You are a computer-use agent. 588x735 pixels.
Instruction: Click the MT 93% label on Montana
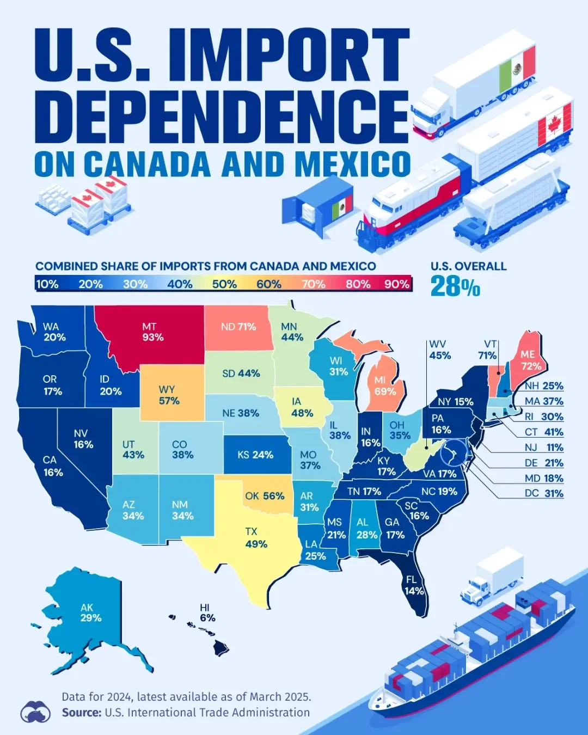click(152, 332)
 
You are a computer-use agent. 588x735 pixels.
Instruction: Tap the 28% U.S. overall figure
click(455, 286)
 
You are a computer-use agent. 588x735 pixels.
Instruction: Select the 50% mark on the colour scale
click(224, 284)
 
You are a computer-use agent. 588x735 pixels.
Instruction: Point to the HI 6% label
click(207, 612)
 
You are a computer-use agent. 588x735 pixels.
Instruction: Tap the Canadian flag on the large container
click(554, 126)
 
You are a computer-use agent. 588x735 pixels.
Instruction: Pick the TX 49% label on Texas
click(255, 537)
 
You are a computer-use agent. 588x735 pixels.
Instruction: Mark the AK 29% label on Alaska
click(90, 612)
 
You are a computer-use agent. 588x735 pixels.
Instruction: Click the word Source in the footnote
click(81, 712)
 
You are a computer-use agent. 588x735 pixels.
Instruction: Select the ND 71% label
click(238, 327)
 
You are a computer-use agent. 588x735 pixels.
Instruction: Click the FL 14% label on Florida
click(414, 585)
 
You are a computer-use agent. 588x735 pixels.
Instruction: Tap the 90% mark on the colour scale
click(396, 284)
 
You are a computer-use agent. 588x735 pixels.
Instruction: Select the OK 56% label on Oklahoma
click(265, 496)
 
